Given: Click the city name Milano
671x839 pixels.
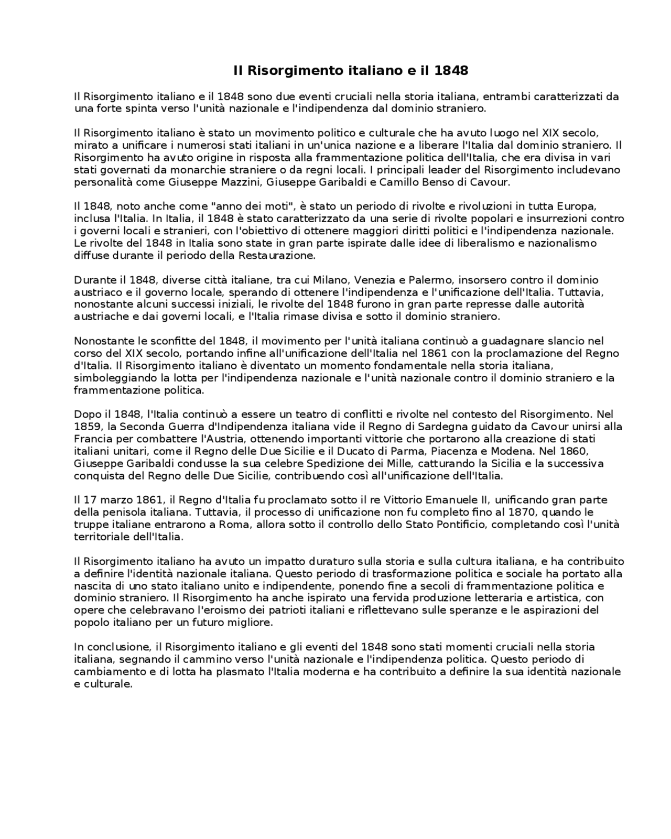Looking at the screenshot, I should [332, 280].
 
